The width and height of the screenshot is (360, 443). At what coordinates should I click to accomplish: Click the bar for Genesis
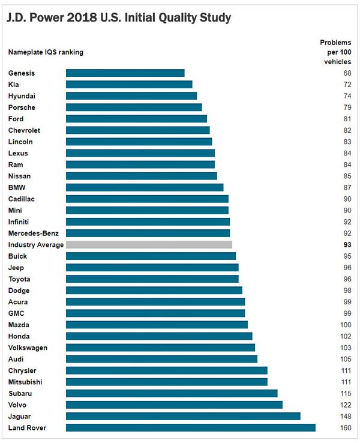point(125,73)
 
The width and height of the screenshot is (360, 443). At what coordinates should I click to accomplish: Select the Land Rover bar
point(190,428)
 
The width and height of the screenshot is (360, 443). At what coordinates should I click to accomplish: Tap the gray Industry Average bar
point(149,245)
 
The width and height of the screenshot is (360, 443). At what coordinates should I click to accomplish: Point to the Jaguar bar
point(183,417)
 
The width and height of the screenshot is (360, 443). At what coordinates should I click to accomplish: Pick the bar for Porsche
point(134,107)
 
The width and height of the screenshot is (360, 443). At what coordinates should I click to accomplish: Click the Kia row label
point(14,85)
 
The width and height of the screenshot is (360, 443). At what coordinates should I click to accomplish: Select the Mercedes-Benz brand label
point(34,233)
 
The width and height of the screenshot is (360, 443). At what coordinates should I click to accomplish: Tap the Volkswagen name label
point(28,348)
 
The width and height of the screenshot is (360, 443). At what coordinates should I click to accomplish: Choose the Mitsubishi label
point(25,382)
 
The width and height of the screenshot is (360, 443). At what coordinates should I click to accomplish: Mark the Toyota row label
point(19,279)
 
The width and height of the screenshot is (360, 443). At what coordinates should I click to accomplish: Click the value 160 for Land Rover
point(346,428)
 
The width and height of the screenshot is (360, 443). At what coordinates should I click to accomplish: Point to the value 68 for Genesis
point(347,73)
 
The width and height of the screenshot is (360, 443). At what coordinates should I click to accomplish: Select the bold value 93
point(347,245)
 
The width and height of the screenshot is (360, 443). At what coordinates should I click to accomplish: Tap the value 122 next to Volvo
point(346,405)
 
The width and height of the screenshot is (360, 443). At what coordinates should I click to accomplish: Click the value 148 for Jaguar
point(346,417)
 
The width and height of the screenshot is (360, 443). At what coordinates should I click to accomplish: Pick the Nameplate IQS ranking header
point(46,52)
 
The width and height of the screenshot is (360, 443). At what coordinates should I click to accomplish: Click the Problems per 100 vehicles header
point(335,52)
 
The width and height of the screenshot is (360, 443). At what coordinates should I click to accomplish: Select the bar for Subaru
point(172,393)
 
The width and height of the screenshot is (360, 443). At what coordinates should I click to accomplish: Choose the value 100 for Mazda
point(346,325)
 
